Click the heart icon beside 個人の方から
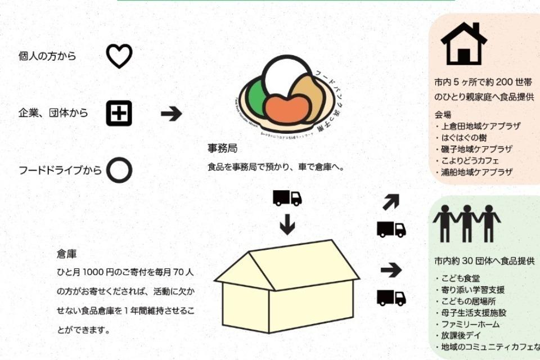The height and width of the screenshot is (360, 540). click(x=119, y=56)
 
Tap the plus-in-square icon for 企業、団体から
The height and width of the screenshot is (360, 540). click(x=119, y=113)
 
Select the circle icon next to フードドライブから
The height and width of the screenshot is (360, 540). click(x=119, y=170)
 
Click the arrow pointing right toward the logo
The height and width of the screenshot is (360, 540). click(x=172, y=114)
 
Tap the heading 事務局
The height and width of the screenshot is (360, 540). click(x=222, y=149)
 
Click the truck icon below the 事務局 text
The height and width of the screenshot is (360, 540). click(x=287, y=198)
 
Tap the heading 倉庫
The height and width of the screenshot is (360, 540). click(x=66, y=254)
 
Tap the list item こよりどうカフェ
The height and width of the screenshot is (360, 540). click(x=467, y=161)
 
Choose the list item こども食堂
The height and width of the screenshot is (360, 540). click(x=460, y=278)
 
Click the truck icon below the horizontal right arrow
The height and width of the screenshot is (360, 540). click(x=391, y=298)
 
